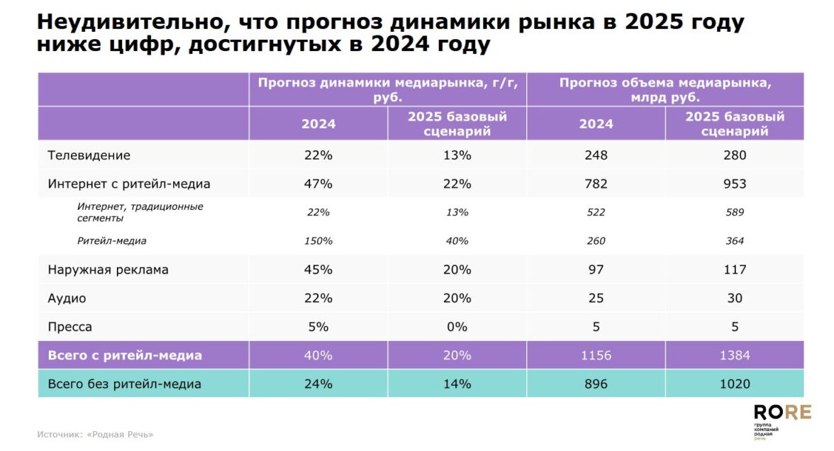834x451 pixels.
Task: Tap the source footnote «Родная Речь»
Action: pos(95,434)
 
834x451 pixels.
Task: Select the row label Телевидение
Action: pos(89,155)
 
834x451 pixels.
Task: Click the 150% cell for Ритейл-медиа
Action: pos(318,241)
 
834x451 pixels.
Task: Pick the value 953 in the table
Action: pos(735,184)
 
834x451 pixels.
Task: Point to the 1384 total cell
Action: pos(735,355)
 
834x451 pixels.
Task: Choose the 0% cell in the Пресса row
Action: pos(457,327)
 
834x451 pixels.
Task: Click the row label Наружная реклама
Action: pos(108,269)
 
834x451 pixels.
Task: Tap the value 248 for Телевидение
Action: pos(596,155)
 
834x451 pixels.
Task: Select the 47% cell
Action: pos(318,184)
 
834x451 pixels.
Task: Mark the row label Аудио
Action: pos(67,299)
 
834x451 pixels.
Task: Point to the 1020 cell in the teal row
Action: pos(735,384)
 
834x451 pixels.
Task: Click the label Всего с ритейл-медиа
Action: pos(125,355)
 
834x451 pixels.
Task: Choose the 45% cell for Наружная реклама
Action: pos(318,269)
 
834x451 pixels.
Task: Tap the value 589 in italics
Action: pos(735,212)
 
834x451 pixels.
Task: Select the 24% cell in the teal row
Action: pos(318,384)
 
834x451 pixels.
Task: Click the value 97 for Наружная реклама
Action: pos(596,269)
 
